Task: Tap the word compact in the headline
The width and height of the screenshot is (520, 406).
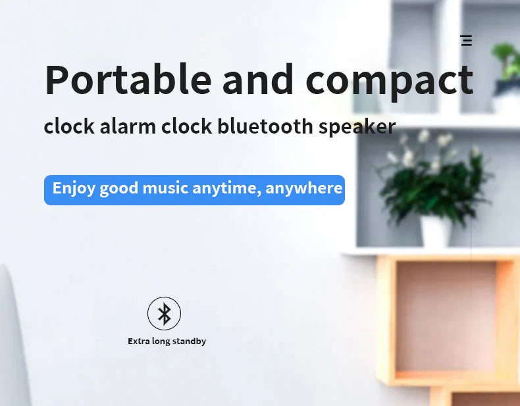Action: coord(389,81)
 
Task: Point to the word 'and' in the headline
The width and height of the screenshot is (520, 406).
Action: coord(258,80)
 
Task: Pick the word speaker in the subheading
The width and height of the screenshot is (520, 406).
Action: coord(357,127)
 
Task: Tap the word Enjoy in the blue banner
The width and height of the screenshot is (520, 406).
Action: coord(74,189)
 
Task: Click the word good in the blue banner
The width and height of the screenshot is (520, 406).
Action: coord(119,189)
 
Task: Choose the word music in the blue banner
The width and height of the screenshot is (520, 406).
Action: coord(165,188)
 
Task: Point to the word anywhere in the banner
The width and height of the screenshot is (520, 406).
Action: coord(304,189)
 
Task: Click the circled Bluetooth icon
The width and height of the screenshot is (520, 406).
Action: coord(164,313)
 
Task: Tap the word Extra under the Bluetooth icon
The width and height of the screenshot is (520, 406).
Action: coord(140,342)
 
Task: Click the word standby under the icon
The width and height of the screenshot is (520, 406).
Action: coord(190,342)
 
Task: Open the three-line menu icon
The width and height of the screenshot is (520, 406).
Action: coord(466,41)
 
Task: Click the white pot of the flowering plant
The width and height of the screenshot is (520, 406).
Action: coord(436,231)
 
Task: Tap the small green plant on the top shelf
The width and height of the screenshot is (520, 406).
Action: coord(507,63)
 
